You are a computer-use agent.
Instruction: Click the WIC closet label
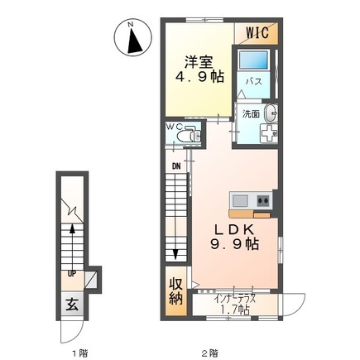point(257,33)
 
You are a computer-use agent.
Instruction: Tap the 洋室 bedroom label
point(199,63)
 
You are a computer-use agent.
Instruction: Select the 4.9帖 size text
point(199,77)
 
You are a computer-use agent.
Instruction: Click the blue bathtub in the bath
point(253,60)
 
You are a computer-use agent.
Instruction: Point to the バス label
point(254,82)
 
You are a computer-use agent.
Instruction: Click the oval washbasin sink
point(271,113)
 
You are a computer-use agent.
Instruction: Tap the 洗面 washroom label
point(251,114)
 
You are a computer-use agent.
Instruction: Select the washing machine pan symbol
point(269,133)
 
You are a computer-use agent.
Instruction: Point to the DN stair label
point(176,166)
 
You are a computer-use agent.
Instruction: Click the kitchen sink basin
point(240,200)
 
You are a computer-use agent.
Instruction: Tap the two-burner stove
point(263,200)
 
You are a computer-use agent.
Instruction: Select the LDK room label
point(234,230)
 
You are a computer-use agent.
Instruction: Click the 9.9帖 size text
point(234,244)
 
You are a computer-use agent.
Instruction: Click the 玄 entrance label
point(72,305)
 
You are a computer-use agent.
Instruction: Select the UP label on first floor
point(72,274)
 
